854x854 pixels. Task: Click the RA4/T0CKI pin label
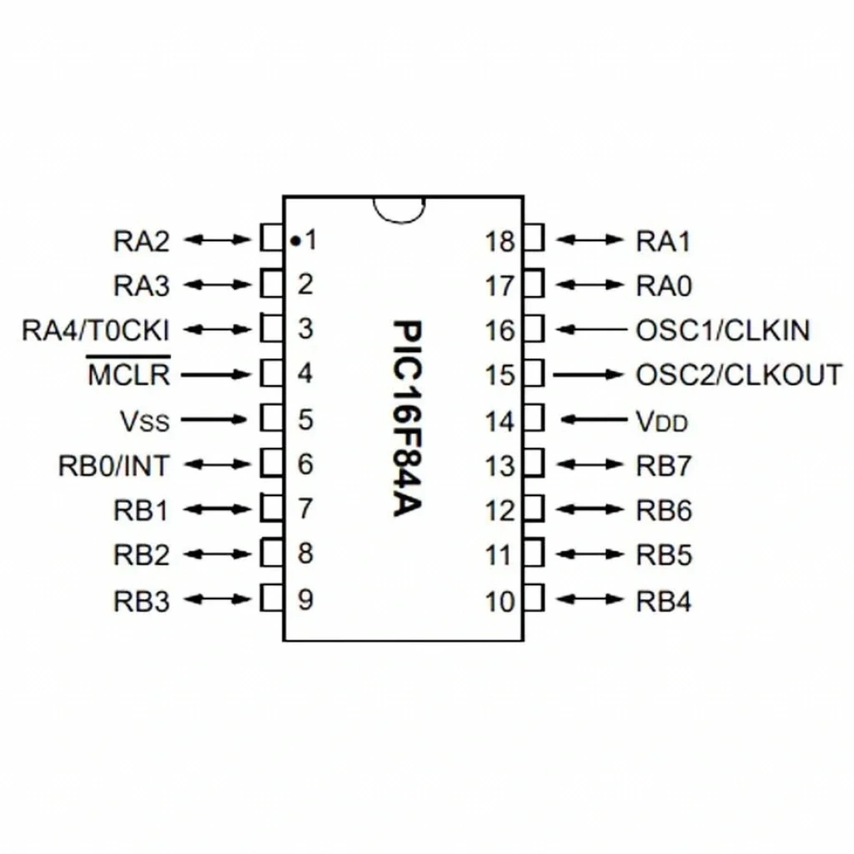(x=95, y=330)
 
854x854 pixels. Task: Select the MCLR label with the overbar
(x=128, y=372)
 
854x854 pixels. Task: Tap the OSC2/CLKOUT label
(x=739, y=375)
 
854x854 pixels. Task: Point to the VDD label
(x=661, y=421)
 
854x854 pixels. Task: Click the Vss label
(x=145, y=421)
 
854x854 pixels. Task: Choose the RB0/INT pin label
(x=113, y=466)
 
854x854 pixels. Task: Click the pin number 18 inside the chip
(x=500, y=242)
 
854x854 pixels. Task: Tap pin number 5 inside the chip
(x=305, y=420)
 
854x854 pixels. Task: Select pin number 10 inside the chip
(x=500, y=602)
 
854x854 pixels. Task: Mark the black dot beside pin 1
(x=294, y=240)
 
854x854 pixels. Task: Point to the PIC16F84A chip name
(x=407, y=419)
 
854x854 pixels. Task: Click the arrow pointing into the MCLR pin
(x=215, y=374)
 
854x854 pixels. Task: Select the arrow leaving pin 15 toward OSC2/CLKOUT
(x=588, y=374)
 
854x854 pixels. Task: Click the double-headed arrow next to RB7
(x=590, y=465)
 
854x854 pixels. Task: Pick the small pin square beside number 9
(x=271, y=598)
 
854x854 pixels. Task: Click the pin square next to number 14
(x=534, y=418)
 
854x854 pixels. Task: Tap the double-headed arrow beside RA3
(x=218, y=284)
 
